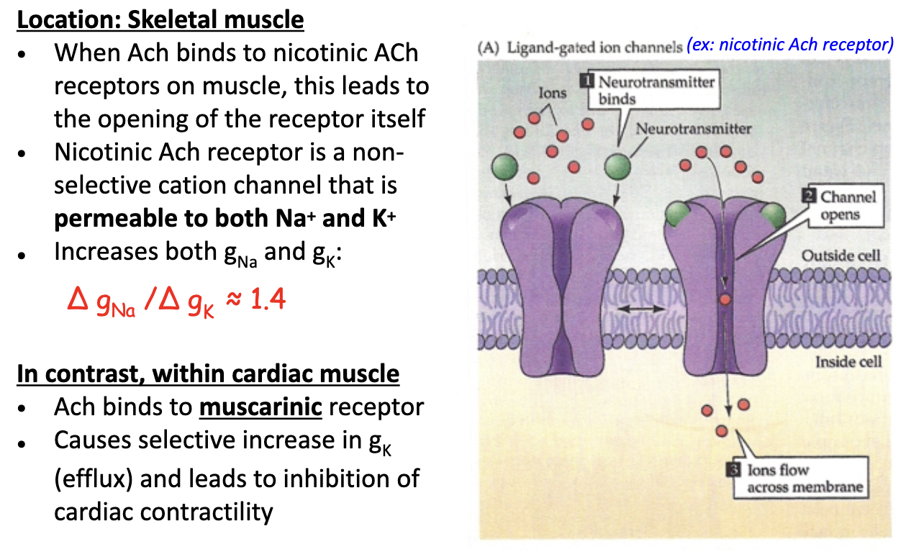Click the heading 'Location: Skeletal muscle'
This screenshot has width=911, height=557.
pyautogui.click(x=160, y=19)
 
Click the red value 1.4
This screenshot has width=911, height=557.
pyautogui.click(x=267, y=298)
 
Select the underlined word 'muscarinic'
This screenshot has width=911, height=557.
pyautogui.click(x=260, y=407)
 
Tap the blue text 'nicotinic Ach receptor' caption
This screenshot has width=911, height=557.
pyautogui.click(x=789, y=45)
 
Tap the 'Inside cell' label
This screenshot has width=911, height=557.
pyautogui.click(x=847, y=361)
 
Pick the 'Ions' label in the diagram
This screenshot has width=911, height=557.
pyautogui.click(x=552, y=93)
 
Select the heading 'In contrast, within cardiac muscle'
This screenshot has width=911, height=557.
pyautogui.click(x=208, y=374)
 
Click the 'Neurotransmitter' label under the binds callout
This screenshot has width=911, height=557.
pyautogui.click(x=693, y=129)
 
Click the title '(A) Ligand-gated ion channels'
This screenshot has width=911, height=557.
pyautogui.click(x=579, y=48)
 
